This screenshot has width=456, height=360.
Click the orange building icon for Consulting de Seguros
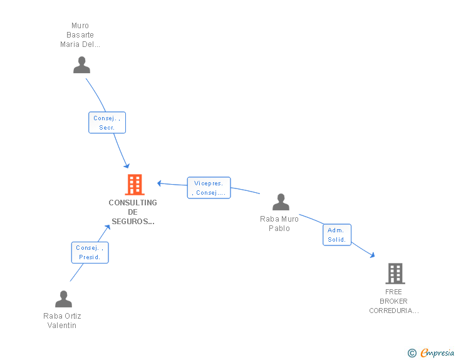(135, 184)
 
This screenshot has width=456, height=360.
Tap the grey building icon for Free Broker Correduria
(395, 274)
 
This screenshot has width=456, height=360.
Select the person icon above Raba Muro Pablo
(281, 202)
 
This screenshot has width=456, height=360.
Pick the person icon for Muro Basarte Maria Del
(81, 65)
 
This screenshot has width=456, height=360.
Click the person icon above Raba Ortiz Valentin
(64, 299)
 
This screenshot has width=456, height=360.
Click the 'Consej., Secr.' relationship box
(107, 123)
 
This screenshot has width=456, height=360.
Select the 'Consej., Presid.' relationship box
(90, 252)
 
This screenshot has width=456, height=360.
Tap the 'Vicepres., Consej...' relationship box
(209, 188)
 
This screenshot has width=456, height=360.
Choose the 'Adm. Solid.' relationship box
(337, 235)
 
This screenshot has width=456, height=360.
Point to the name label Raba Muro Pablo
(279, 224)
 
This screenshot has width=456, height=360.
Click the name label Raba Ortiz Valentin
(62, 321)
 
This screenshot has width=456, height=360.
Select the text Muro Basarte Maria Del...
(80, 35)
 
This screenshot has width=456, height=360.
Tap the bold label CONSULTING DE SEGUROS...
(133, 212)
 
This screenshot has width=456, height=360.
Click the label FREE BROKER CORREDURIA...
(394, 301)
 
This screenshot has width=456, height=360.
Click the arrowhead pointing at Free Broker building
(372, 255)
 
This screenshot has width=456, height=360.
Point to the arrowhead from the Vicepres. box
(159, 183)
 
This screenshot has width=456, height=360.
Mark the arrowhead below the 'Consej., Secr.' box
(127, 166)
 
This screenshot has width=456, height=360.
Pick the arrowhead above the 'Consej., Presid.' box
(108, 227)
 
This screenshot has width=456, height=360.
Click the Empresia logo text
(437, 352)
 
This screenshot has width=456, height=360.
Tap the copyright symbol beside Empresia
(412, 353)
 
